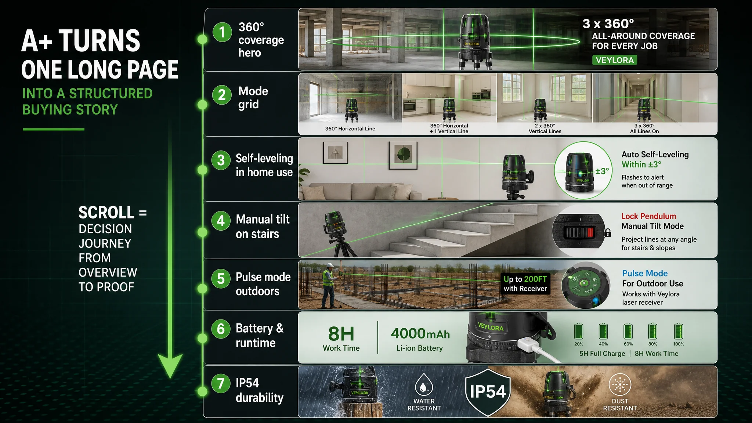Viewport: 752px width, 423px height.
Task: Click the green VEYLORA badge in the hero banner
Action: tap(614, 60)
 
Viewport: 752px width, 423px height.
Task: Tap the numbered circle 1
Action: tap(222, 32)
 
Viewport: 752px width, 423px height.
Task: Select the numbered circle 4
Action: tap(221, 221)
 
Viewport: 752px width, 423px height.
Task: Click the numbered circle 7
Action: tap(221, 384)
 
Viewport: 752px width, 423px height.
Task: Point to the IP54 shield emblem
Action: tap(488, 392)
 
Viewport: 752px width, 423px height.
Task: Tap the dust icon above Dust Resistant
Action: tap(620, 385)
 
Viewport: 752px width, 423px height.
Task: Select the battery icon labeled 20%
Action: tap(579, 331)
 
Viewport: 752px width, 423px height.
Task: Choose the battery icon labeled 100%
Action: tap(679, 331)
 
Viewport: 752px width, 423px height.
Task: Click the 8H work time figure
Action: tap(341, 334)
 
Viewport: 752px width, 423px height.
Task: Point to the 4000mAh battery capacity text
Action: tap(420, 333)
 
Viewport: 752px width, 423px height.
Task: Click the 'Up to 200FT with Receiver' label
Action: tap(525, 284)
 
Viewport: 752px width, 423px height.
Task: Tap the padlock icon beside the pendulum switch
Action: tap(608, 232)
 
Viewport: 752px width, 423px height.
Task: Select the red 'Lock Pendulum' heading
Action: tap(649, 216)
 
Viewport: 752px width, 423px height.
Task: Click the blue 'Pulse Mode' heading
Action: tap(645, 273)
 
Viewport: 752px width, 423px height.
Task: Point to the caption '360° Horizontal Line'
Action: tap(350, 129)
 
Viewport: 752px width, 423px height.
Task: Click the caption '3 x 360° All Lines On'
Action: tap(644, 129)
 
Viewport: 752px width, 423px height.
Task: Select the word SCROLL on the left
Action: tap(106, 213)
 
